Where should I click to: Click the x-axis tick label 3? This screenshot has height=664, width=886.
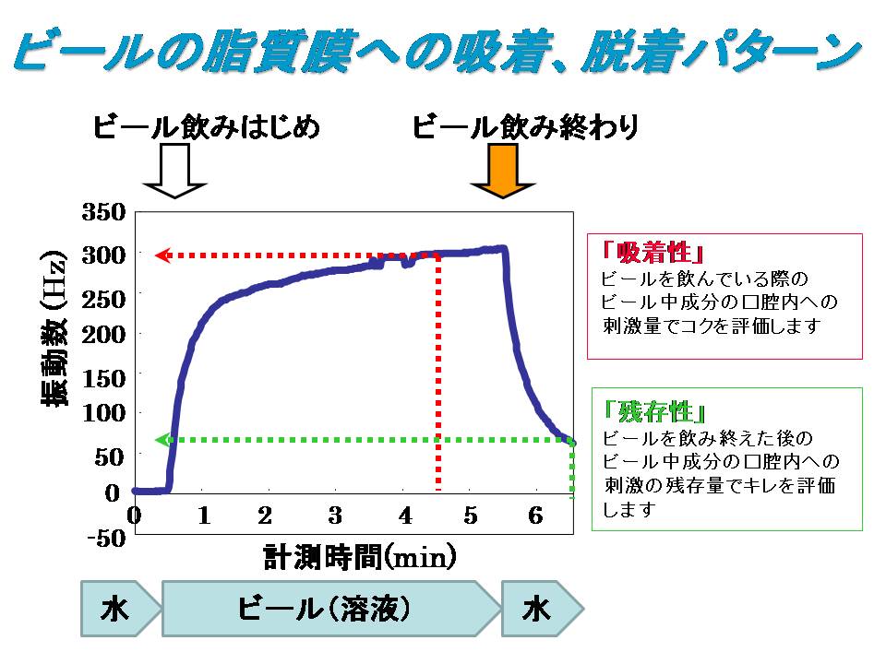click(x=335, y=515)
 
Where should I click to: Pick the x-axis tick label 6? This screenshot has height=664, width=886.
click(x=534, y=515)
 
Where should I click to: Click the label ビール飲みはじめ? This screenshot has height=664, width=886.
click(x=207, y=127)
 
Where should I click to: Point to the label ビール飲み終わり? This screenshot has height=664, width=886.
click(x=525, y=127)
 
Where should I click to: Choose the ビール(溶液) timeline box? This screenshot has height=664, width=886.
click(x=323, y=609)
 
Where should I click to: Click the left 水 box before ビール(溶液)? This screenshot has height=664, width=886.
click(x=114, y=609)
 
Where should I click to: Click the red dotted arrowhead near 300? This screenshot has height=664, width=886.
click(x=161, y=255)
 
